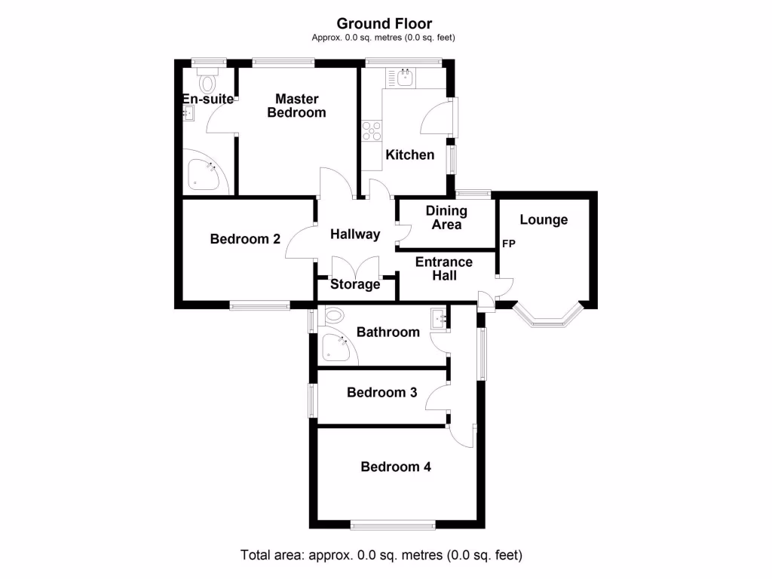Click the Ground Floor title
[384, 24]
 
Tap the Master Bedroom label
[296, 106]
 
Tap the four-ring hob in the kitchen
[371, 132]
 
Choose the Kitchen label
[410, 155]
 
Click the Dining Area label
[446, 218]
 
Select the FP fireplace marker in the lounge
[509, 244]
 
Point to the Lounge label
[544, 220]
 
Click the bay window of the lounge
[550, 317]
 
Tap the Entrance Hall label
[444, 268]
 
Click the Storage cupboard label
[355, 285]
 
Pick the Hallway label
[355, 234]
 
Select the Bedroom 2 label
[245, 239]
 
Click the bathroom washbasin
[440, 319]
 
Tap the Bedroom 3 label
[381, 392]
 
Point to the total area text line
[381, 556]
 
